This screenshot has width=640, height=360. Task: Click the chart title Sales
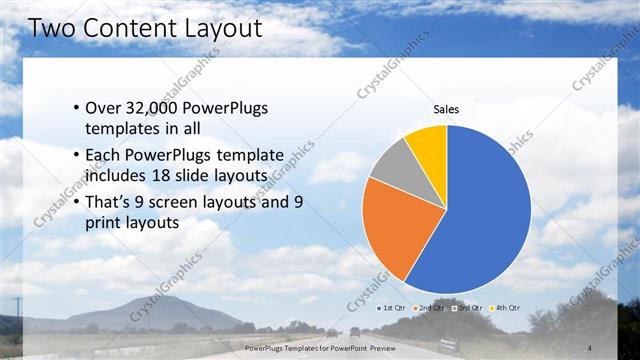pos(446,109)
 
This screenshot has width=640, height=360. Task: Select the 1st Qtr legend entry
pos(391,307)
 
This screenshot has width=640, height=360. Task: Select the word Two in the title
pos(49,27)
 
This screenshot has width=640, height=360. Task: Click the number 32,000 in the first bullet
pos(153,108)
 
